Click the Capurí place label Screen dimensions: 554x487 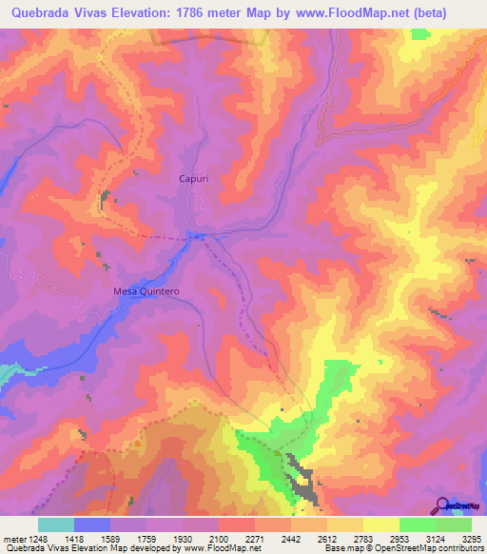[194, 178]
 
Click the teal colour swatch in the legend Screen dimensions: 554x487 [56, 524]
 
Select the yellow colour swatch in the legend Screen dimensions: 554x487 [381, 524]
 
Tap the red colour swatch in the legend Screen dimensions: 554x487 [237, 524]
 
